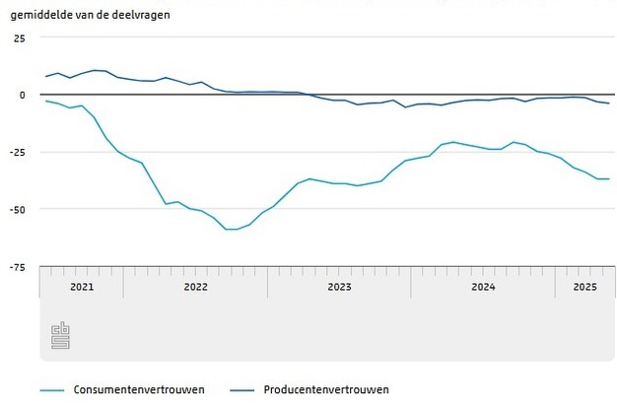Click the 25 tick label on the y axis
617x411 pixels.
pyautogui.click(x=19, y=37)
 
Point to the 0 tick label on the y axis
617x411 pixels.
pyautogui.click(x=22, y=95)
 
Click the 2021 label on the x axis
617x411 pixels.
pyautogui.click(x=81, y=287)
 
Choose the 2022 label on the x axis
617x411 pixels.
pyautogui.click(x=195, y=287)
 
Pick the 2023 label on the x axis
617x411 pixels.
pyautogui.click(x=339, y=287)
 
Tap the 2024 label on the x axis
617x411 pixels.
pyautogui.click(x=483, y=287)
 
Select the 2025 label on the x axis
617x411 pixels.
pyautogui.click(x=584, y=287)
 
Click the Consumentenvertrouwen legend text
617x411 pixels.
pyautogui.click(x=139, y=389)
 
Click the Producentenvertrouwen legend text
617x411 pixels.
pyautogui.click(x=326, y=389)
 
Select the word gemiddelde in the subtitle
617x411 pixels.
pyautogui.click(x=40, y=15)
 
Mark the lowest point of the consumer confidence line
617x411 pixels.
pyautogui.click(x=232, y=229)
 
